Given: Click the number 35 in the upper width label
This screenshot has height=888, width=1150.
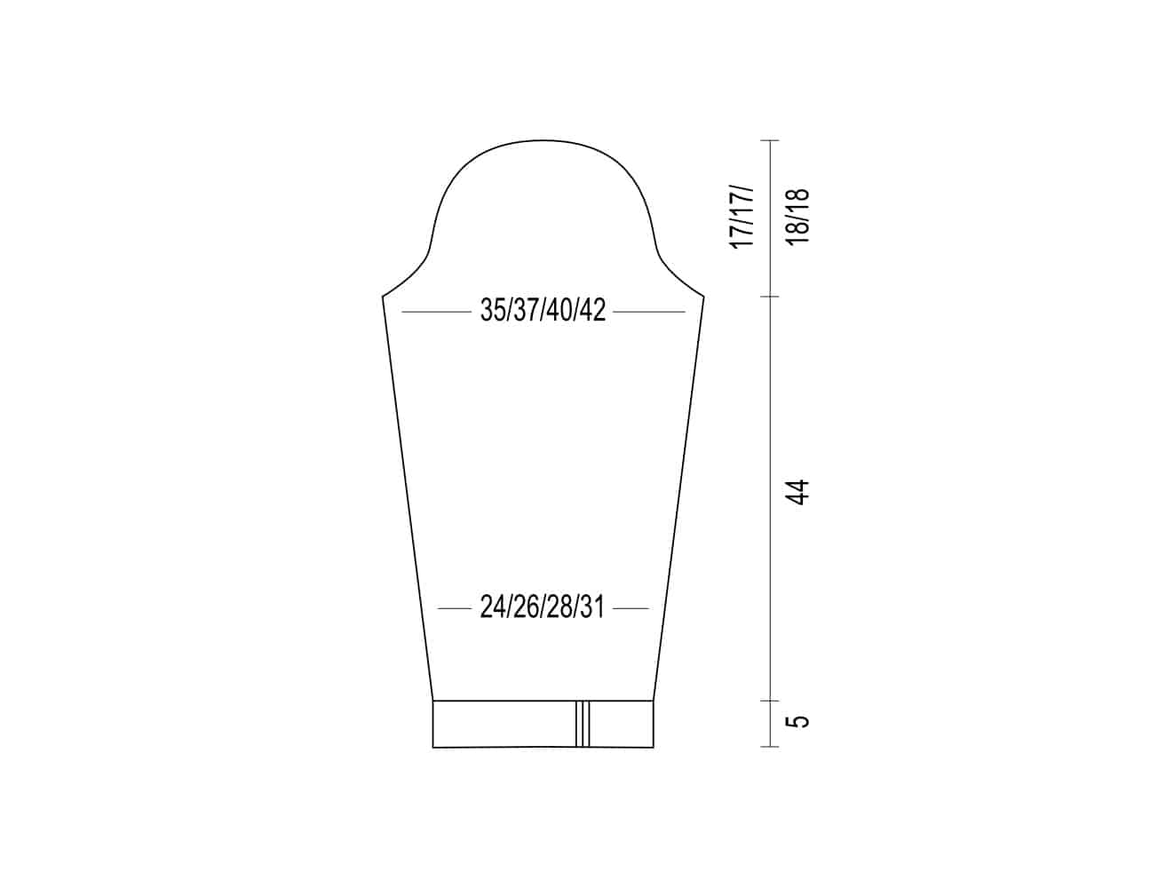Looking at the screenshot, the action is point(493,310).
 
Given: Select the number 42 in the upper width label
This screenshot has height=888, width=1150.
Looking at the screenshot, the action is point(592,310).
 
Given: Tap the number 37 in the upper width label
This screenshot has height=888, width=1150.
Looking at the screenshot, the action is point(527,310).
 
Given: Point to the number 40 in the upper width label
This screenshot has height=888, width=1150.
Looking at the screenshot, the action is point(560,310).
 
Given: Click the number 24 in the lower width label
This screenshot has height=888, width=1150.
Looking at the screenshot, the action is point(493,607).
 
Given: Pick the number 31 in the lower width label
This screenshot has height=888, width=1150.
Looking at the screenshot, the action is point(592,607).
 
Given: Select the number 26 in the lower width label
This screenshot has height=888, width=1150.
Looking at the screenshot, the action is point(527,607).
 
